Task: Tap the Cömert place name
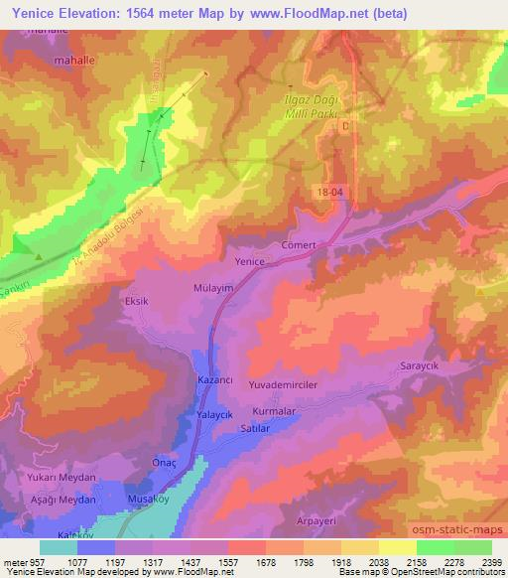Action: pos(299,245)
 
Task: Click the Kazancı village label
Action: pos(215,381)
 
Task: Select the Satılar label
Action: pos(256,428)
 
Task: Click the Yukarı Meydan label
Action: pos(64,477)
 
